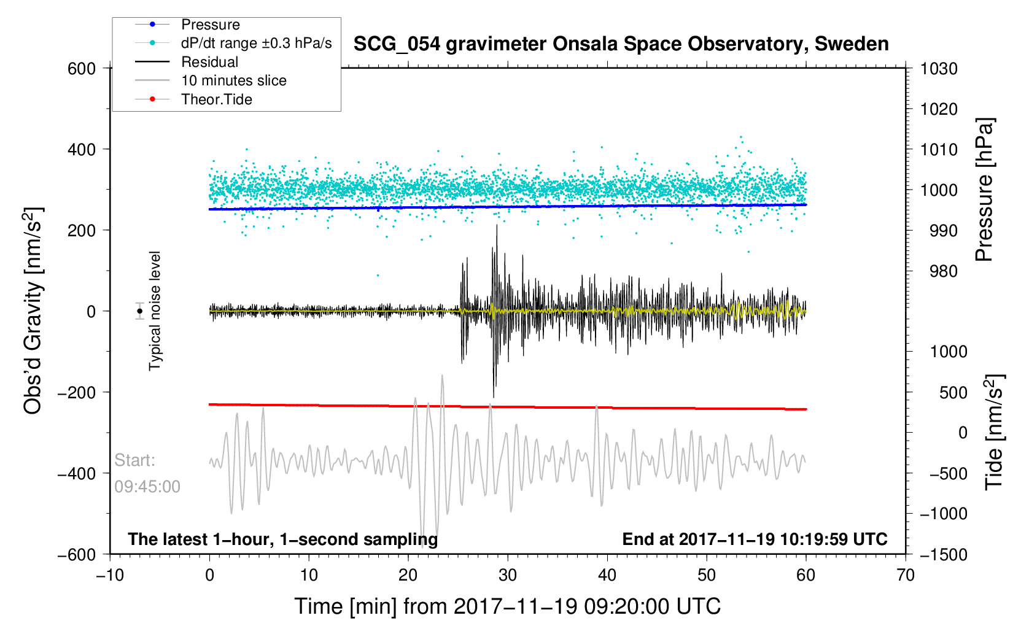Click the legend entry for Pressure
pyautogui.click(x=187, y=25)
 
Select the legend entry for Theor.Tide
pyautogui.click(x=193, y=99)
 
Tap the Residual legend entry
pyautogui.click(x=187, y=62)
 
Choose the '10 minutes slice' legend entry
pyautogui.click(x=211, y=80)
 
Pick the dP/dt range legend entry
pyautogui.click(x=233, y=43)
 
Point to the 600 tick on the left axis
pyautogui.click(x=81, y=69)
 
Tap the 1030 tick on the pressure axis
pyautogui.click(x=939, y=69)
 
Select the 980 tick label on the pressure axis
pyautogui.click(x=944, y=271)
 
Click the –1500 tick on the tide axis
pyautogui.click(x=944, y=554)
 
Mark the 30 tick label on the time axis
pyautogui.click(x=508, y=575)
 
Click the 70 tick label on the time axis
pyautogui.click(x=906, y=575)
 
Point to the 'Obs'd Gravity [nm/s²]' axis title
pyautogui.click(x=34, y=311)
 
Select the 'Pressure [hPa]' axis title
pyautogui.click(x=984, y=190)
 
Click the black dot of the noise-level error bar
pyautogui.click(x=139, y=311)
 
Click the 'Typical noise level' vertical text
pyautogui.click(x=155, y=311)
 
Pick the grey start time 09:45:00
pyautogui.click(x=147, y=487)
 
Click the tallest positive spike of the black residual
pyautogui.click(x=497, y=226)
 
